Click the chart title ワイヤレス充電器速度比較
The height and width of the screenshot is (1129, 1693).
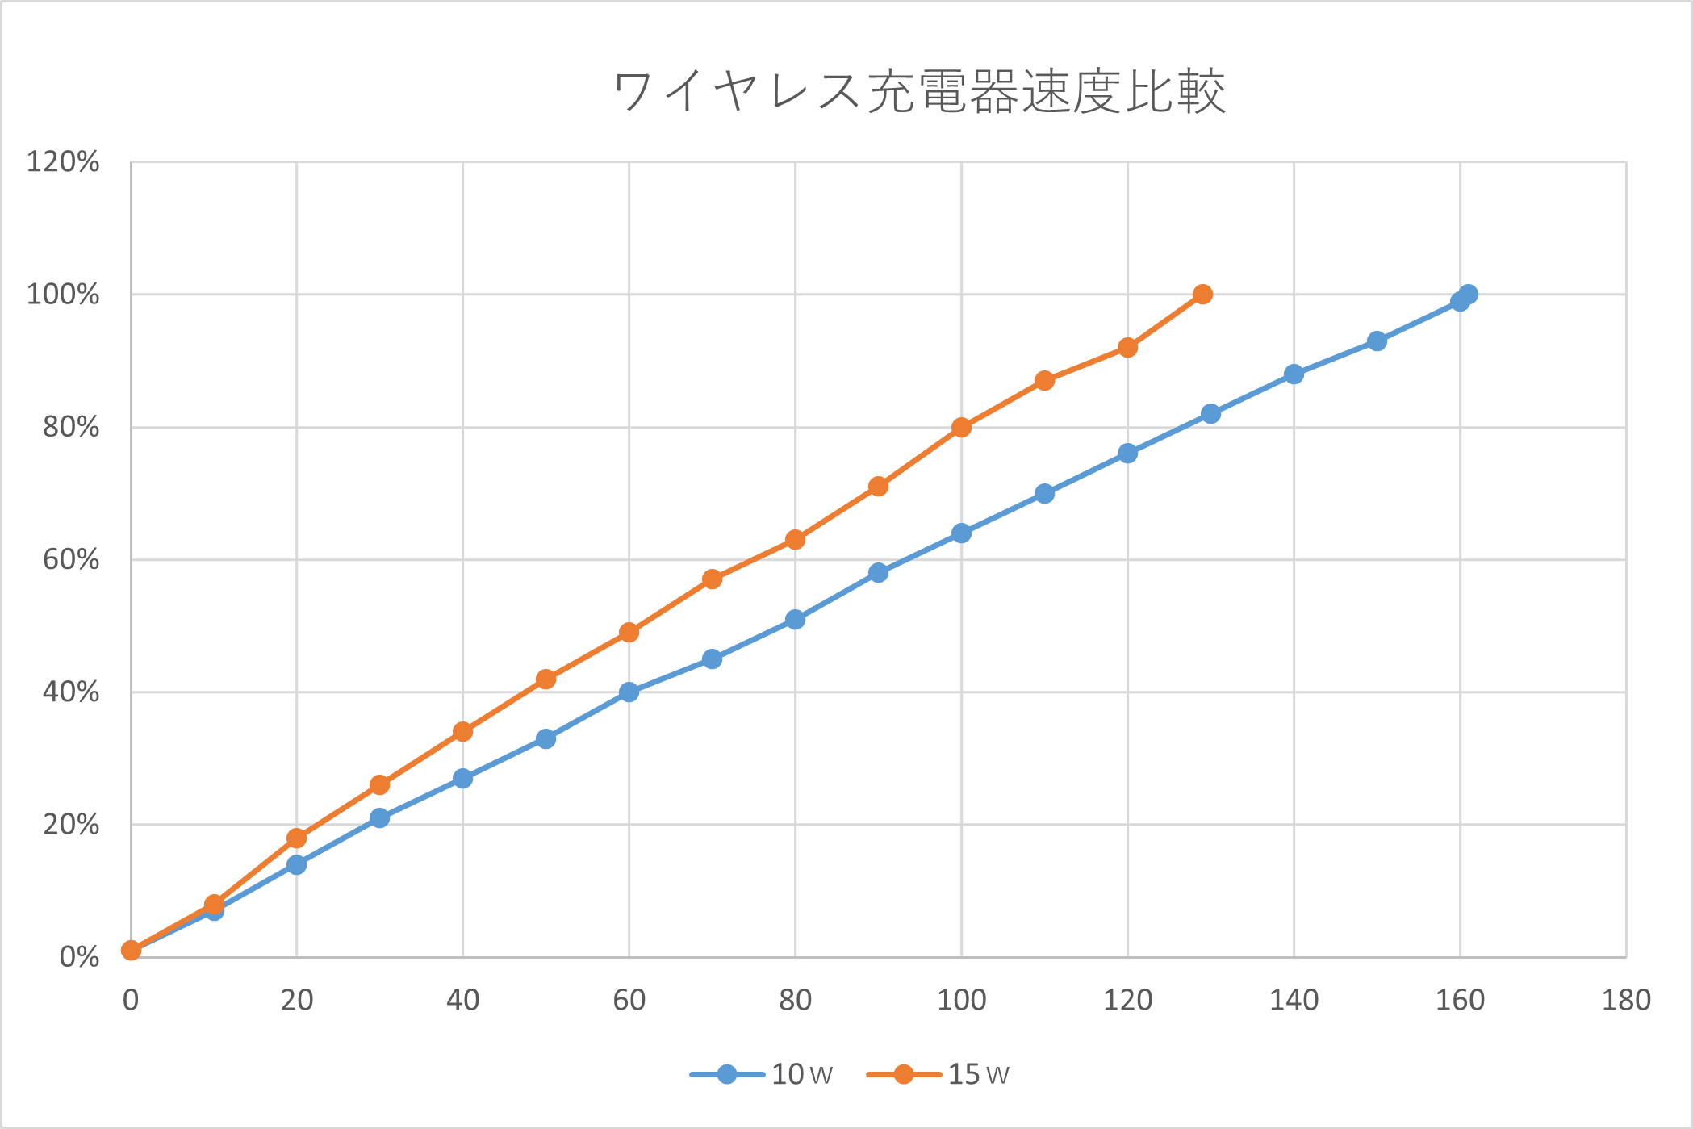coord(919,92)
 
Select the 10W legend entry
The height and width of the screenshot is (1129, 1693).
coord(762,1074)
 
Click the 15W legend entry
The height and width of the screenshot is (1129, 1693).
coord(938,1074)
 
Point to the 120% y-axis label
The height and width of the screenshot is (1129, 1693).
coord(63,162)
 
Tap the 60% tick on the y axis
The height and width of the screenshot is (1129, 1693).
coord(71,559)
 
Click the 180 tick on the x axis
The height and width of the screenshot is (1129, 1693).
coord(1625,1001)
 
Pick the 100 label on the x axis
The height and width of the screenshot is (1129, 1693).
coord(961,1001)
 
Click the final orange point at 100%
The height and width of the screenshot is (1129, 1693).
coord(1202,295)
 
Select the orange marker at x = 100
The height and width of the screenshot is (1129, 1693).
coord(961,428)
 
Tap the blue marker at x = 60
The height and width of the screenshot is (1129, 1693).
coord(629,692)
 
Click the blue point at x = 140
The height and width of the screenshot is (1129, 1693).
coord(1294,374)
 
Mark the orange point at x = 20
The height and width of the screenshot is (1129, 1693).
coord(297,838)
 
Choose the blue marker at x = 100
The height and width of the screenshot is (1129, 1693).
coord(961,533)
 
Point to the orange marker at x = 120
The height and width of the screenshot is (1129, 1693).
coord(1127,348)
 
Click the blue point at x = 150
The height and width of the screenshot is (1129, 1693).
coord(1377,341)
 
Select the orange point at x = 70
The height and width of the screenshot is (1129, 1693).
coord(712,579)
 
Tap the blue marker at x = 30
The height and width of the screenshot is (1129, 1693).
coord(380,818)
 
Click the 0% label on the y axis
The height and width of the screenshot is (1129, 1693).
coord(79,958)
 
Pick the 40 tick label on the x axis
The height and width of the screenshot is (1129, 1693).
coord(463,1001)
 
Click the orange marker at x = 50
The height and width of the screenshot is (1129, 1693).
coord(546,679)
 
